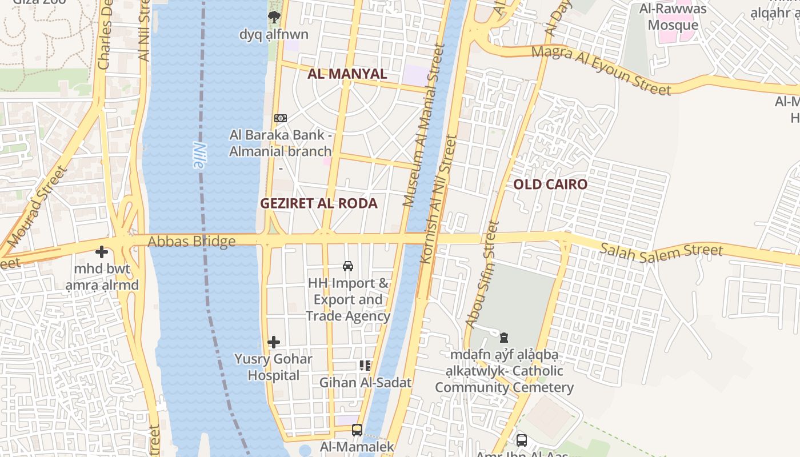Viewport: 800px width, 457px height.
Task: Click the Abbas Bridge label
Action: [191, 242]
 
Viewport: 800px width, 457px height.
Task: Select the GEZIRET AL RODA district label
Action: [319, 203]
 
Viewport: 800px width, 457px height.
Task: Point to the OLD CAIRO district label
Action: [550, 184]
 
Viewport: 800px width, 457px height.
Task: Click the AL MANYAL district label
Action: [347, 74]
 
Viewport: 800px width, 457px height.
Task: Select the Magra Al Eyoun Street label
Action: [601, 70]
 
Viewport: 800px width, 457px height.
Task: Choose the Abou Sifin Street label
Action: [483, 274]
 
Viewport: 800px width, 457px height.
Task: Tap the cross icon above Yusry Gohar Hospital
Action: [274, 342]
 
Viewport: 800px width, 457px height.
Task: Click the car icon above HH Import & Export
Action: [347, 266]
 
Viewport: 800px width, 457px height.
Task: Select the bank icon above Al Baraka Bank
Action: [280, 118]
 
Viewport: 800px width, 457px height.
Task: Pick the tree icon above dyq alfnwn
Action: [274, 17]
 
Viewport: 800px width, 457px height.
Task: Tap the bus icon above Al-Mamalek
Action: [357, 430]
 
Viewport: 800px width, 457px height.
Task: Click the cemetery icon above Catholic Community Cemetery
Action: [504, 338]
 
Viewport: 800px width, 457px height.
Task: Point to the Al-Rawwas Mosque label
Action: [673, 17]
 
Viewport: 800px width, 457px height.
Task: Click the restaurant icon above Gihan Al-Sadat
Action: [365, 366]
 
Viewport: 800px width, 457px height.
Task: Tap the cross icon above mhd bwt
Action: [102, 251]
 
